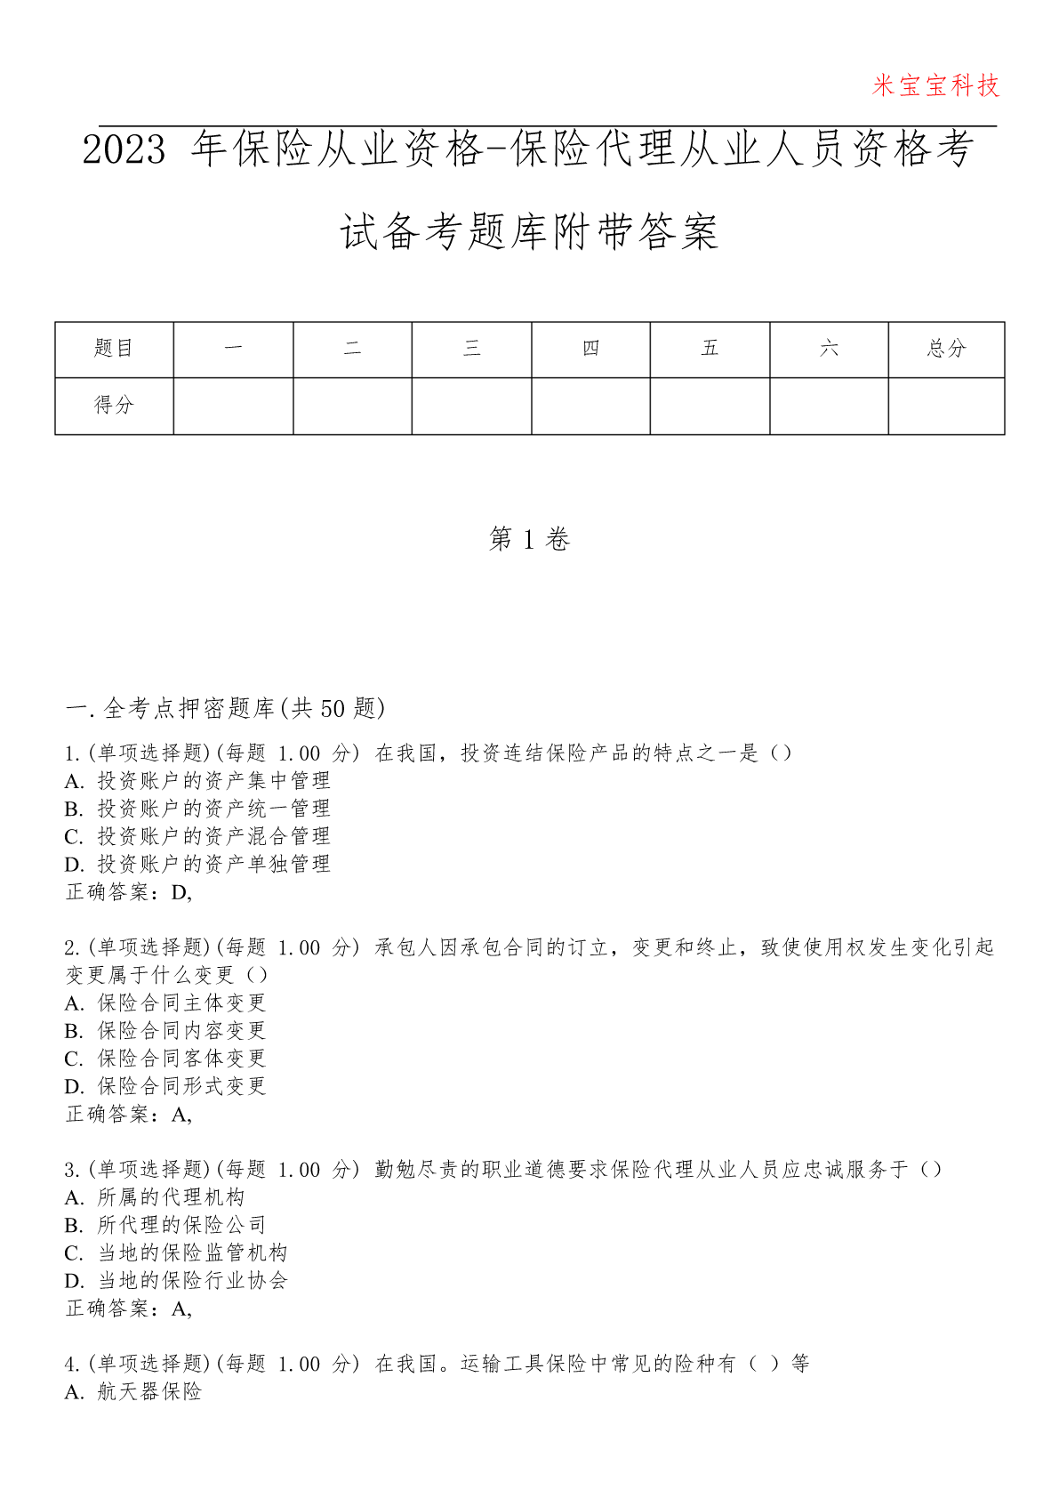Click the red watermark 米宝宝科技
(935, 86)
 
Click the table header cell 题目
(114, 349)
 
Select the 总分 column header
(946, 349)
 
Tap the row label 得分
(114, 406)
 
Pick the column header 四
(590, 349)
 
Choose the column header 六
(829, 349)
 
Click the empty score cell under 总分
(946, 406)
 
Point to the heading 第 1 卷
(529, 539)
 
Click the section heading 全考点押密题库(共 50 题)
(226, 708)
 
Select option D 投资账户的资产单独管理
(198, 864)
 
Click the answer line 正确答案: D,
(129, 892)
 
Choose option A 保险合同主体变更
(166, 1003)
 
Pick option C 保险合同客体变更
(166, 1059)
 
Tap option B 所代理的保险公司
(166, 1225)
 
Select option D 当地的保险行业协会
(177, 1281)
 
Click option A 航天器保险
(134, 1392)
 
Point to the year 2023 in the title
(124, 149)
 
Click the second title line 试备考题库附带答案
(529, 233)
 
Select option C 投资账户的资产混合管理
(198, 836)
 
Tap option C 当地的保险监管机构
(177, 1253)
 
